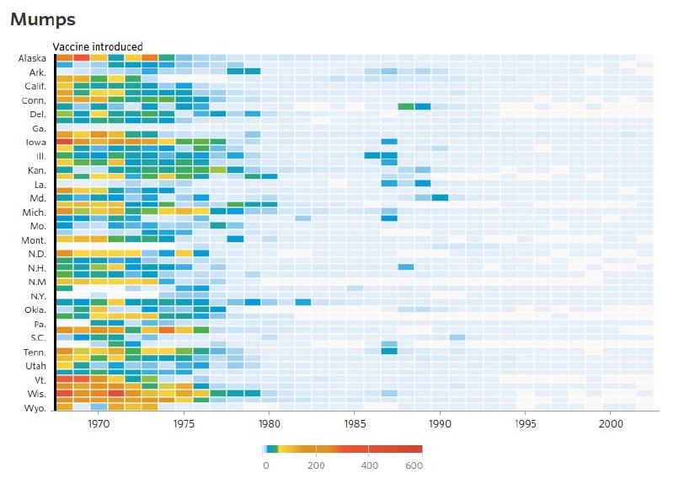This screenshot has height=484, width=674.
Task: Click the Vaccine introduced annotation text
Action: point(98,46)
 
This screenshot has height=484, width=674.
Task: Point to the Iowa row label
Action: point(36,142)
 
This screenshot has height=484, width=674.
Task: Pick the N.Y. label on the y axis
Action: point(36,296)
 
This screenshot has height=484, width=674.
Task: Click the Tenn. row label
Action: point(35,352)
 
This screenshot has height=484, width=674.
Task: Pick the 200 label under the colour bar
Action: point(318,465)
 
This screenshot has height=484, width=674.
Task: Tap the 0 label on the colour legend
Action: point(266,465)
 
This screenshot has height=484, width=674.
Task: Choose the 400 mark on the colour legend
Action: point(369,465)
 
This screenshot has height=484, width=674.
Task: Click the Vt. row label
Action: point(38,379)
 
